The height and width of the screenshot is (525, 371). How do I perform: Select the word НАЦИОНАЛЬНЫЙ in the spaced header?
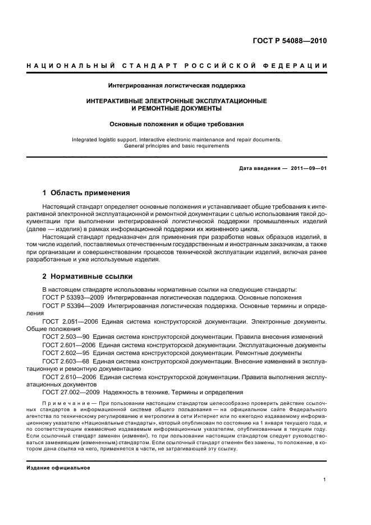63,66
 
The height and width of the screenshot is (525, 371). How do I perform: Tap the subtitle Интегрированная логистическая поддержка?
176,85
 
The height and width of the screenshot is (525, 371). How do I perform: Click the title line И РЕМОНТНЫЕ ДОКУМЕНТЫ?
176,108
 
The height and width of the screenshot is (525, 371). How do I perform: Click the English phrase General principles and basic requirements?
176,145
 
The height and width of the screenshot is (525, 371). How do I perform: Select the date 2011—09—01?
307,169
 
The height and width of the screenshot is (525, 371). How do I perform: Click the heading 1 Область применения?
86,192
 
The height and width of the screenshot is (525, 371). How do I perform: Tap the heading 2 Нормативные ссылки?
88,277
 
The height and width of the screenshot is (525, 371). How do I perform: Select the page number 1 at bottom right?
325,480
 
